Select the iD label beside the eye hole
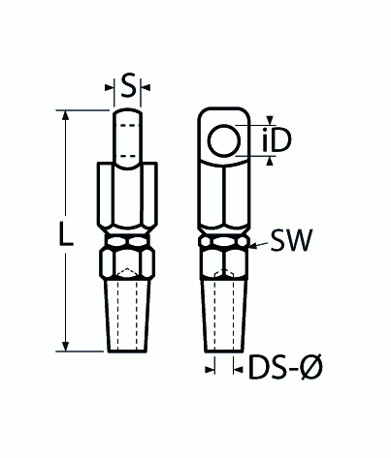[277, 142]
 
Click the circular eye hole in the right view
[224, 141]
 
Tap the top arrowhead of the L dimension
[66, 115]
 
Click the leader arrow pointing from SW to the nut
[254, 247]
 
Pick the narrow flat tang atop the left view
[129, 138]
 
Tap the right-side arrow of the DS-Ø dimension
[239, 369]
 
